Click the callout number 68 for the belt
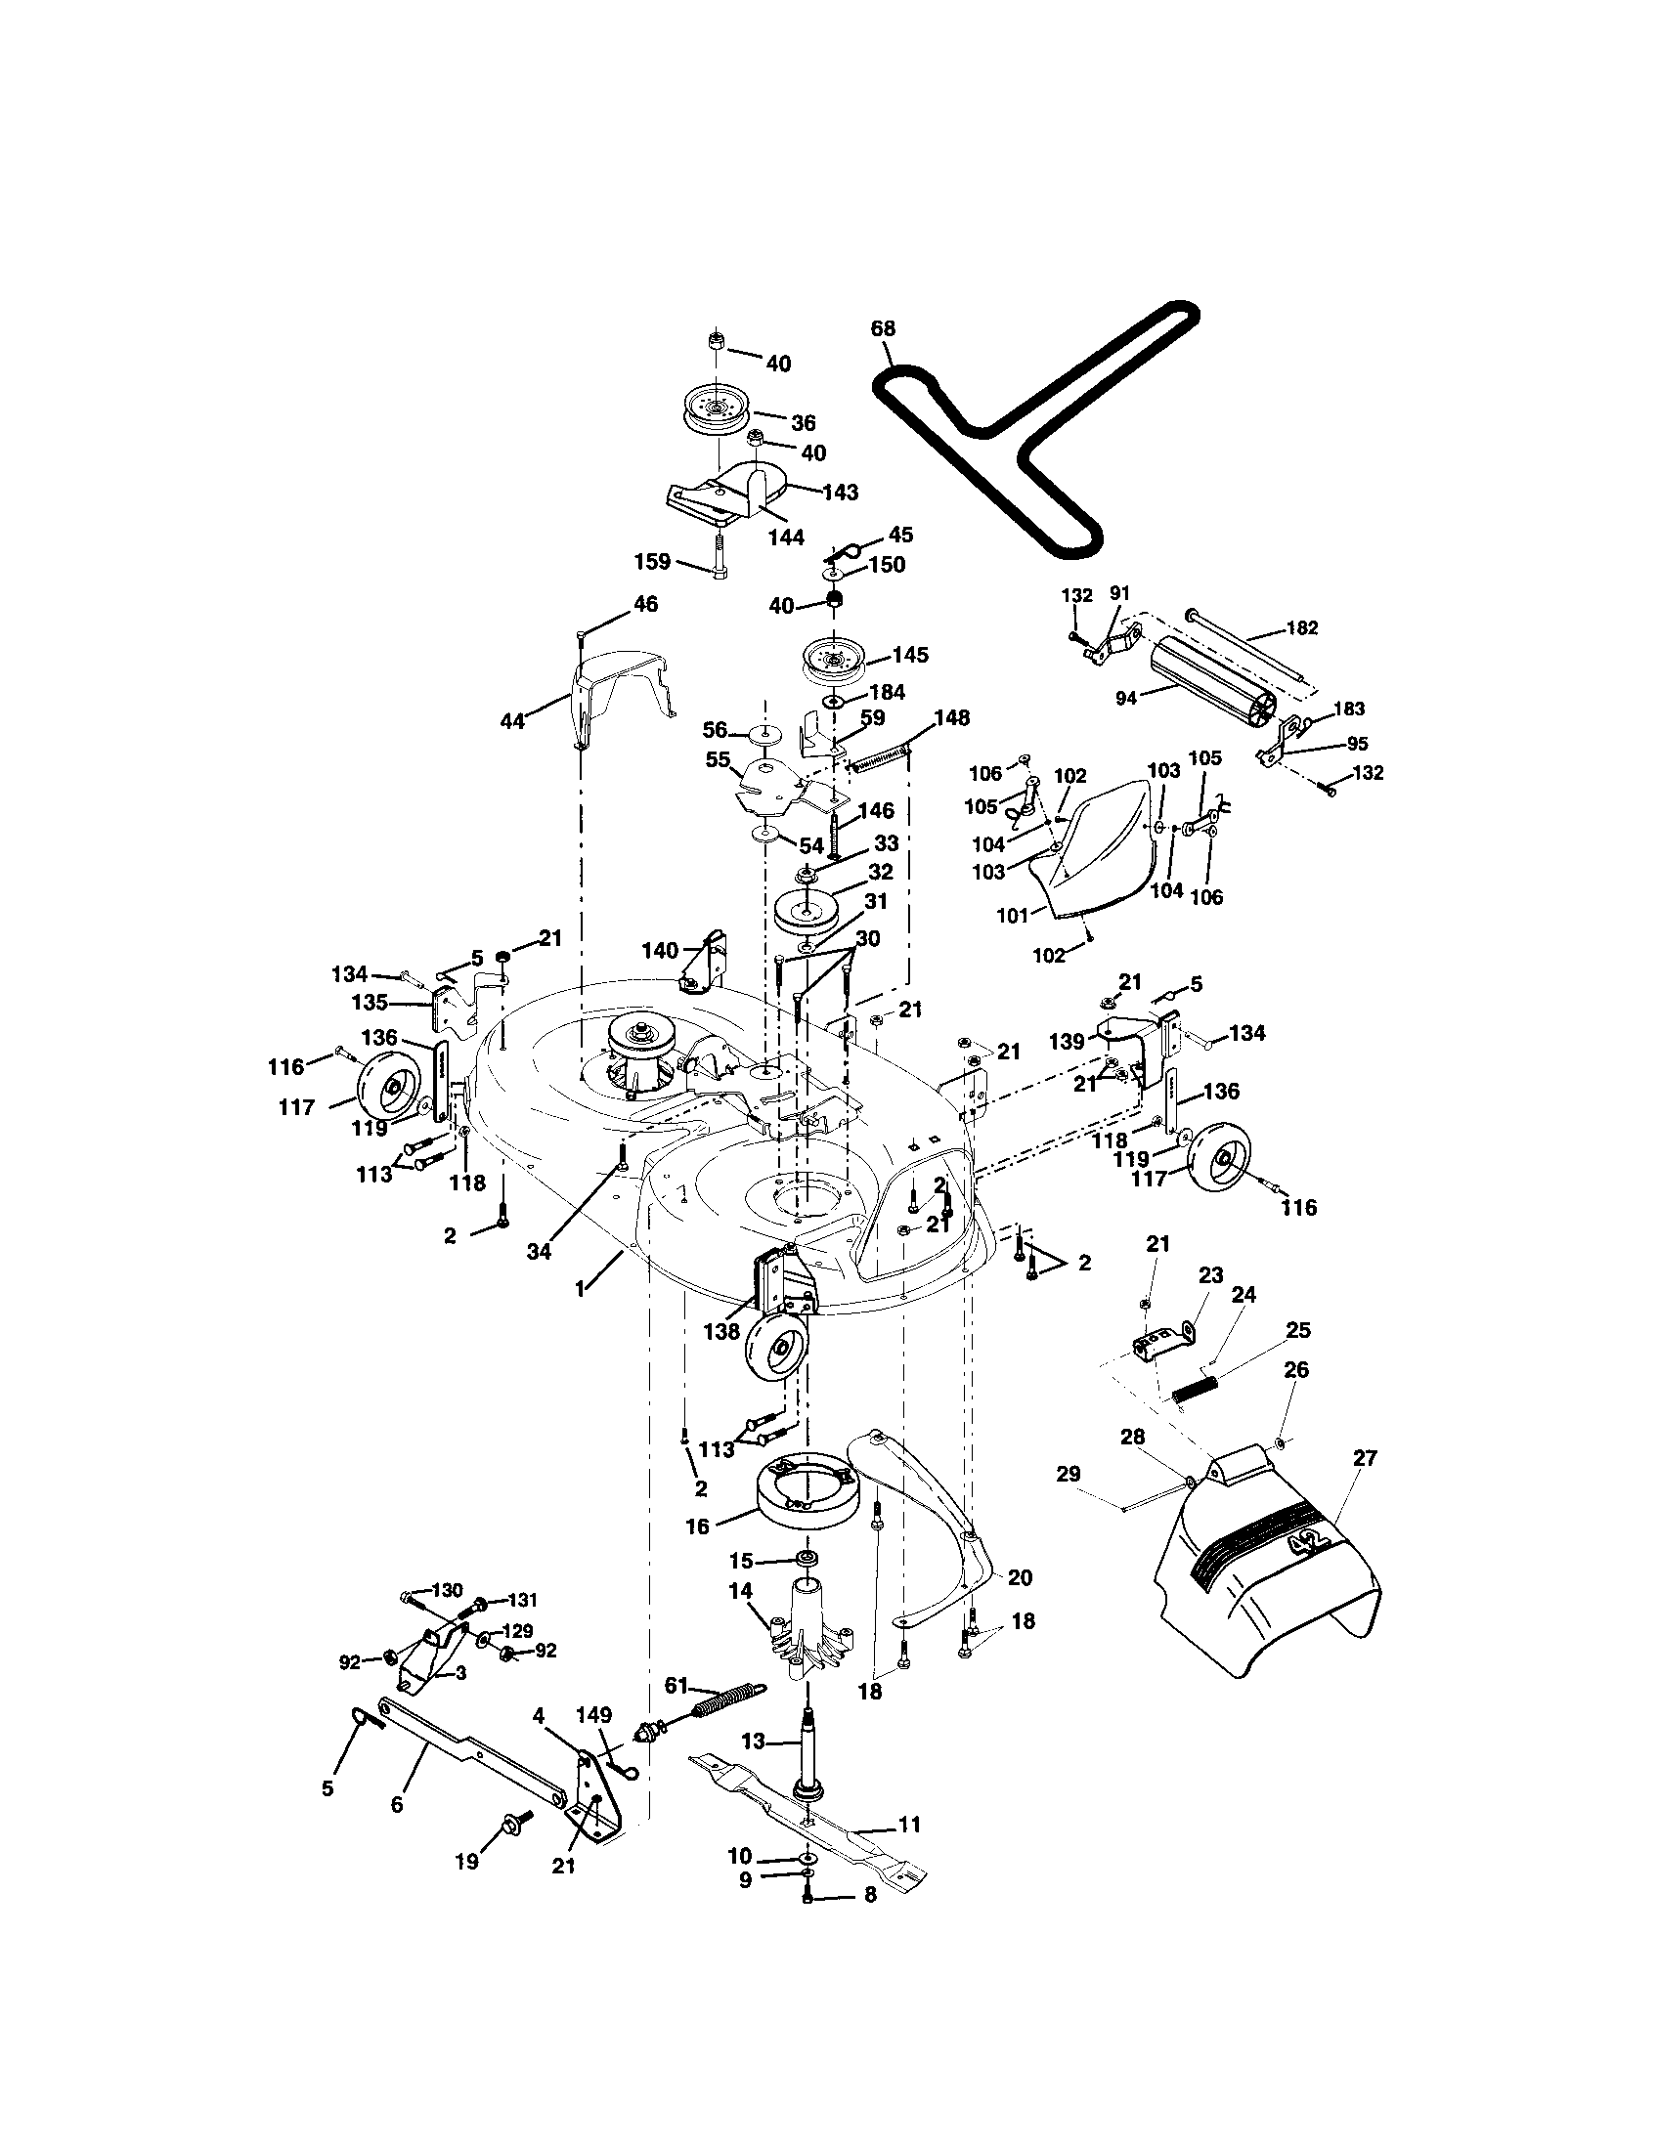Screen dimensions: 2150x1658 coord(883,328)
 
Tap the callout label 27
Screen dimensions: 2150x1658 coord(1365,1458)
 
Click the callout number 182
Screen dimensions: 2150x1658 coord(1301,628)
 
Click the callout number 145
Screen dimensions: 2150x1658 coord(910,655)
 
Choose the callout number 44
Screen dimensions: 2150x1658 coord(512,720)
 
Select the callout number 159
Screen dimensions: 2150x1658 coord(652,562)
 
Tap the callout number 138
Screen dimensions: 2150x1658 coord(721,1331)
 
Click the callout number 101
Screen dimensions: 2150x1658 coord(1012,915)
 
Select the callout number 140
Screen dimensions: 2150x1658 coord(660,951)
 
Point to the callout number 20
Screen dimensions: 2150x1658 coord(1020,1578)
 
